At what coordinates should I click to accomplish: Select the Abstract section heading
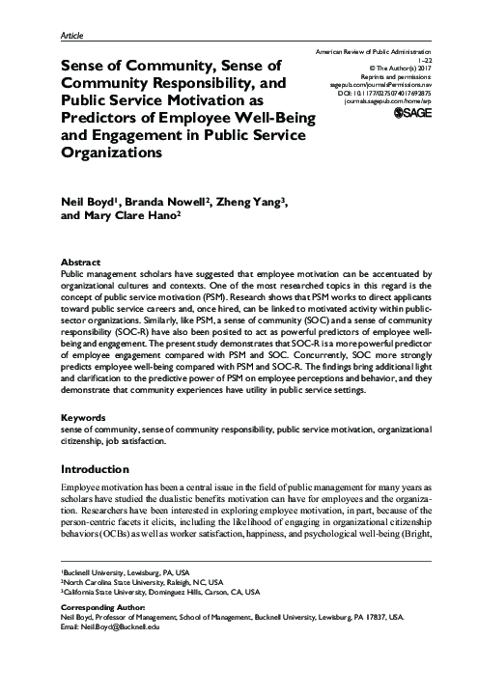tap(80, 262)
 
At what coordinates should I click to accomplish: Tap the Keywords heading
tap(83, 418)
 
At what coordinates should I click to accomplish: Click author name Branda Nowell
tap(166, 201)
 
